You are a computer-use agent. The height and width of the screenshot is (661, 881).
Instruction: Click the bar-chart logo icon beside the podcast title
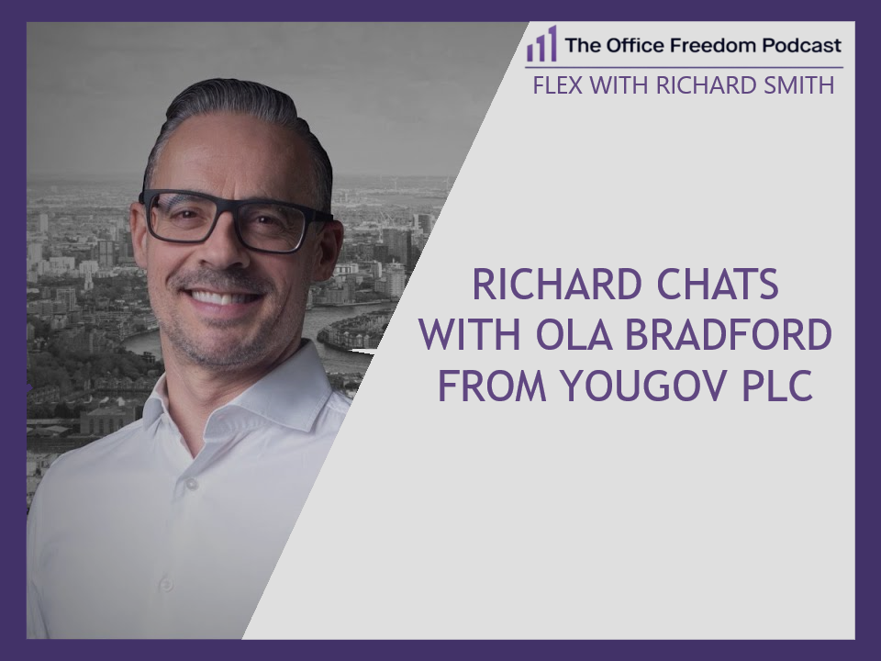[x=542, y=44]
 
